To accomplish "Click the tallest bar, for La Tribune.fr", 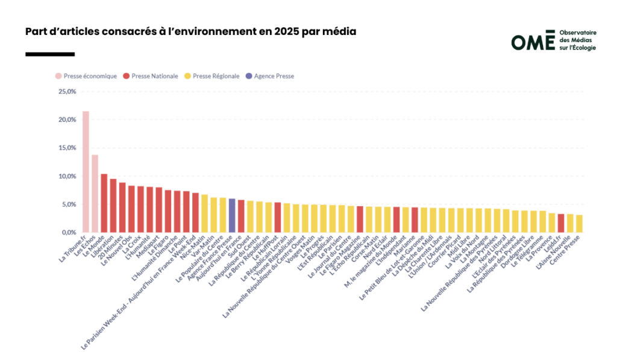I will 86,172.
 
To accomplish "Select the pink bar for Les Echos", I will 95,194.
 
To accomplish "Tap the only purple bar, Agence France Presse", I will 232,215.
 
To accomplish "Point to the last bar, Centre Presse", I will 579,224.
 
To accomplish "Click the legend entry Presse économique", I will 86,76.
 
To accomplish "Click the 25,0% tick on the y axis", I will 67,92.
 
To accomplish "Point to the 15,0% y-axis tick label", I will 67,148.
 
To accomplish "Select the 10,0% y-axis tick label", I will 67,176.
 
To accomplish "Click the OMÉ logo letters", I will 532,41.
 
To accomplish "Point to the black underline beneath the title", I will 50,54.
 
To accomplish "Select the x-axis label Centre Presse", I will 569,250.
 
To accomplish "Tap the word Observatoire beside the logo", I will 577,33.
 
